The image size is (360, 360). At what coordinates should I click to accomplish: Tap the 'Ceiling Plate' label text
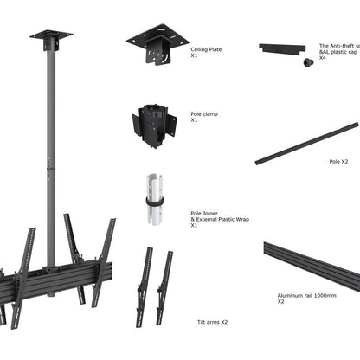(x=206, y=50)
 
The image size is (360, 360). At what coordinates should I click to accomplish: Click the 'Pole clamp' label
(x=203, y=113)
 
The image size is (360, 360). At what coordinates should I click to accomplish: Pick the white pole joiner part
(x=156, y=197)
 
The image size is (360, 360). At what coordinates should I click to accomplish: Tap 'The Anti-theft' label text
(x=338, y=44)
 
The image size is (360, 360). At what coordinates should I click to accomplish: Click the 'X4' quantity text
(x=322, y=58)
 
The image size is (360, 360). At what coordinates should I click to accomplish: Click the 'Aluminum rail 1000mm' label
(x=305, y=295)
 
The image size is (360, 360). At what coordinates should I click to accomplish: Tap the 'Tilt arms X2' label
(x=212, y=322)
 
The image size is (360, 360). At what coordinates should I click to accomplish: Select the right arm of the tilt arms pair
(x=164, y=286)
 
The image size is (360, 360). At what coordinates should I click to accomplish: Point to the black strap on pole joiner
(x=156, y=201)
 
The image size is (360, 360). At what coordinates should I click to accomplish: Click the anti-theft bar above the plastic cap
(x=286, y=48)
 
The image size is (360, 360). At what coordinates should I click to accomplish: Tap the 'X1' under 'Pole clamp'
(x=195, y=120)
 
